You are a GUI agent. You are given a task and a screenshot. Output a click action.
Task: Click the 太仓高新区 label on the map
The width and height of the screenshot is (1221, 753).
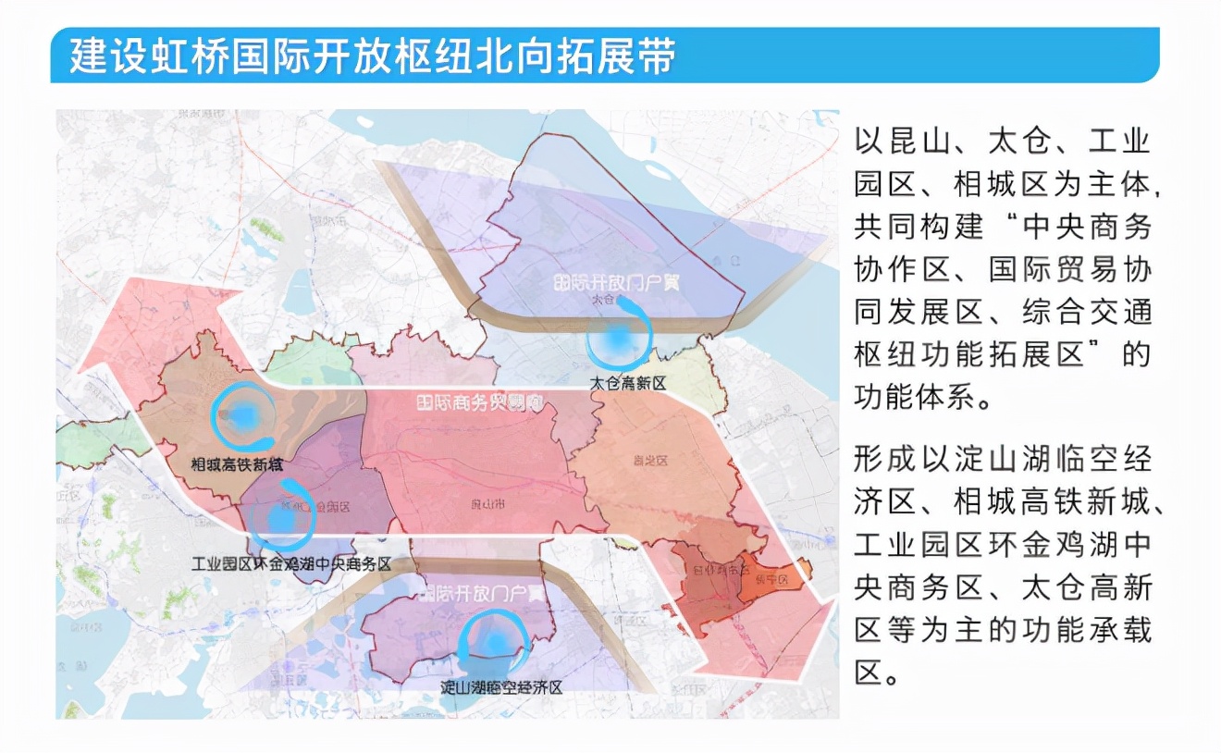[x=628, y=383]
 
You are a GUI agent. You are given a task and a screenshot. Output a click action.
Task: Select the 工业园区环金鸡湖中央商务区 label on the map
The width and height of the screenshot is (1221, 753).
[x=291, y=564]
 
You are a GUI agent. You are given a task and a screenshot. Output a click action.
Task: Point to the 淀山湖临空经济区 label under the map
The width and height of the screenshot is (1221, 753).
[x=500, y=687]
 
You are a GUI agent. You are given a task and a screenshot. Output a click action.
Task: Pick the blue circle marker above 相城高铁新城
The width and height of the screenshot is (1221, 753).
[x=243, y=416]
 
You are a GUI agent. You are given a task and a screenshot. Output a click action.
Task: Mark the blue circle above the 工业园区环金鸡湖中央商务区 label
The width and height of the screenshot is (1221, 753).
[x=283, y=519]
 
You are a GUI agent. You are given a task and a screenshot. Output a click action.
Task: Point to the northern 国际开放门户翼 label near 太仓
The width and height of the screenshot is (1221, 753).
[x=615, y=281]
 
